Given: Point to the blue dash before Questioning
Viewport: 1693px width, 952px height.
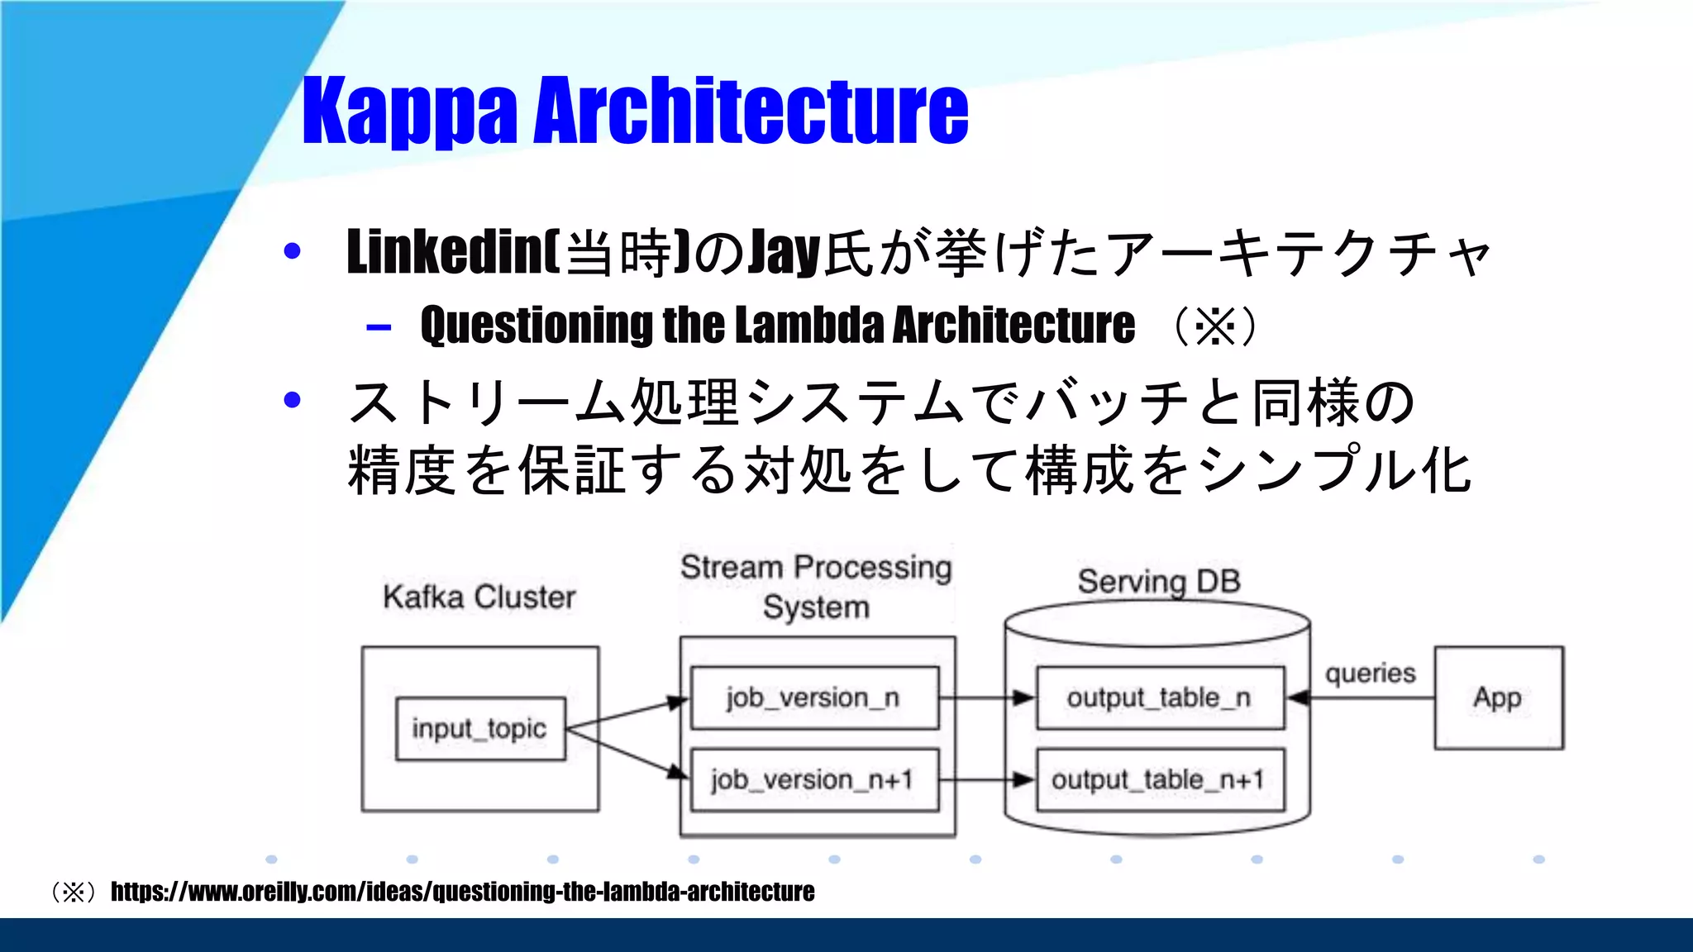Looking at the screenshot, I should point(379,328).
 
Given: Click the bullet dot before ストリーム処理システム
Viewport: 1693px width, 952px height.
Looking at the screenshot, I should point(292,401).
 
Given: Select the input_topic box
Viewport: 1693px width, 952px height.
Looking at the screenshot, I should point(480,729).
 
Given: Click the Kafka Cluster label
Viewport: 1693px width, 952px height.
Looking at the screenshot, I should point(479,597).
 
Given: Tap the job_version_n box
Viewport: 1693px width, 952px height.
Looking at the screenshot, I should point(814,698).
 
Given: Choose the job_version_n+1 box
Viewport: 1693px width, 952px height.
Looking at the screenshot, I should point(814,780).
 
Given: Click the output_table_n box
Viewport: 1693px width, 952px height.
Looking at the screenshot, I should point(1160,698).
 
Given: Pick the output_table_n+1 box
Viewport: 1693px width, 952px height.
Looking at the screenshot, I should point(1160,780).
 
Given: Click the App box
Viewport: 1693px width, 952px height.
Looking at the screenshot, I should point(1498,698).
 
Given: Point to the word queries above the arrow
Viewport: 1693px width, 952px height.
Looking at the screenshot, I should point(1370,674).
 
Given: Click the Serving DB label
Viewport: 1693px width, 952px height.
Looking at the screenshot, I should point(1159,582).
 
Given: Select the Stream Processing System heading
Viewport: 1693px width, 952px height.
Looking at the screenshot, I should point(816,587).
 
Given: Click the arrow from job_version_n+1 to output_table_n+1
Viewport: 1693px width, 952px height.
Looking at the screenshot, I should point(987,780).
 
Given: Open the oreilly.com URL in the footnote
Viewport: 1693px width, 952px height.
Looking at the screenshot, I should point(462,892).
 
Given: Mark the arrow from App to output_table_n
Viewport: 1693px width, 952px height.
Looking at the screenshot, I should point(1364,699).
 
